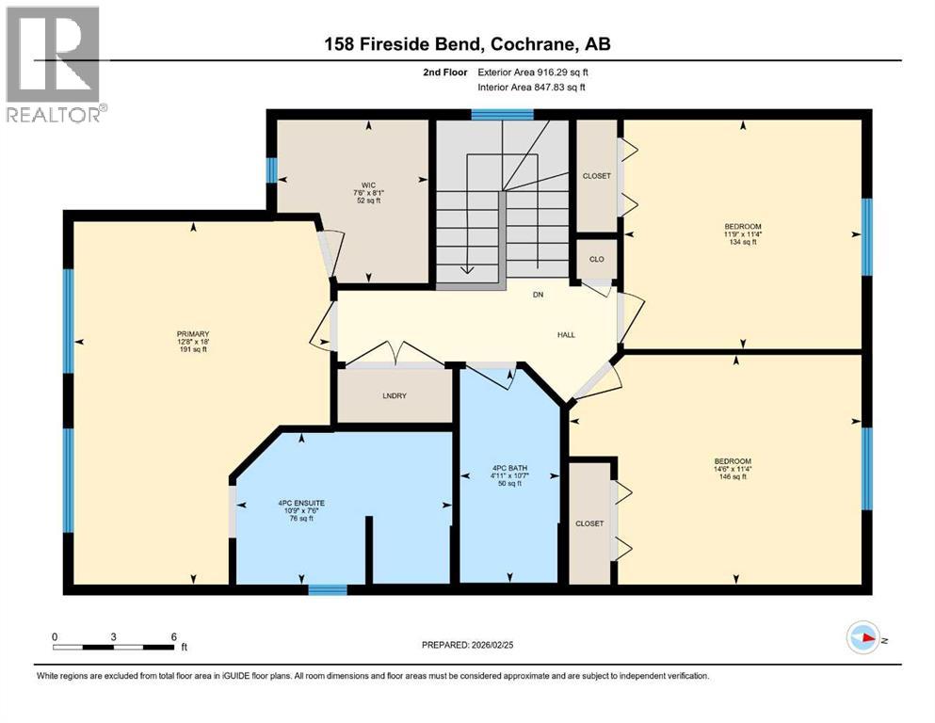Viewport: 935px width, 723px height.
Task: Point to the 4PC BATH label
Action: coord(508,470)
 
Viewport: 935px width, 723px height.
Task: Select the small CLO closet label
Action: coord(596,260)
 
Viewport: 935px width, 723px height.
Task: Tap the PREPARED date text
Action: coord(468,645)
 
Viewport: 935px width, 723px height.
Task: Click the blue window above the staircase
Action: coord(502,115)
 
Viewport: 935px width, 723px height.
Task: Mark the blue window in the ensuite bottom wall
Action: coord(328,590)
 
